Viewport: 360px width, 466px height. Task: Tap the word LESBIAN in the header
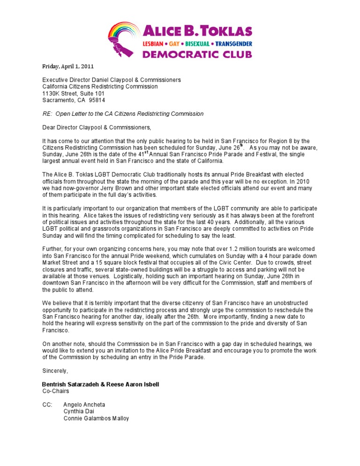coord(157,44)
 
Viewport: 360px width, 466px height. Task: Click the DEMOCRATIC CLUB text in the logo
coord(197,54)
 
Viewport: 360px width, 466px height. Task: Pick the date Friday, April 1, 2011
coord(65,66)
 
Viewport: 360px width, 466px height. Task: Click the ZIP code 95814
coord(97,100)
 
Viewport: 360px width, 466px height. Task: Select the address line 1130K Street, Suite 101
coord(73,93)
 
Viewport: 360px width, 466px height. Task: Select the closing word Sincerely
coord(55,371)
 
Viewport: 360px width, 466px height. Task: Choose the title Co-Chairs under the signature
coord(55,391)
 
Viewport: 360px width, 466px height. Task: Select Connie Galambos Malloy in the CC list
coord(96,418)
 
